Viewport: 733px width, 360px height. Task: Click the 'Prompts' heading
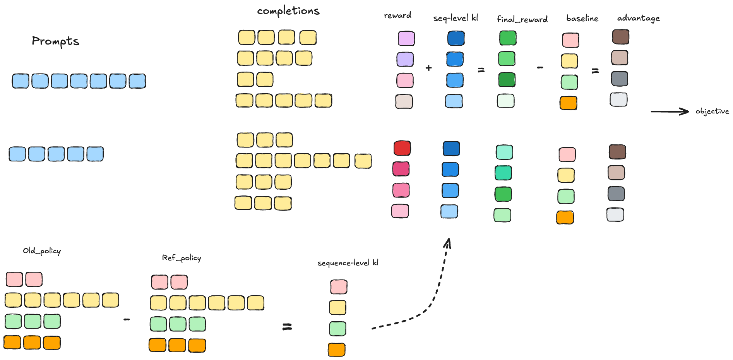point(55,41)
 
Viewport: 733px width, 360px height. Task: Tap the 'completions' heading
point(288,11)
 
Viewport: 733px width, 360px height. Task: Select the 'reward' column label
point(397,15)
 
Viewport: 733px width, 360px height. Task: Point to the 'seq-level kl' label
point(456,18)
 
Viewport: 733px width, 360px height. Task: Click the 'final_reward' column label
point(522,19)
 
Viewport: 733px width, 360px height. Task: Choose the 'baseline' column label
point(582,18)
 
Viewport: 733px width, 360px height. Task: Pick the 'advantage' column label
point(638,18)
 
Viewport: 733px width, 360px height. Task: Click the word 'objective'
point(712,111)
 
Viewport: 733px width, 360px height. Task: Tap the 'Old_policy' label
point(42,251)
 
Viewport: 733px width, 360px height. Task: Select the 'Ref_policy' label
point(182,258)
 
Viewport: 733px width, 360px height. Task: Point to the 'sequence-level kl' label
point(348,263)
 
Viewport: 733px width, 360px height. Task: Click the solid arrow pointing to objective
point(670,111)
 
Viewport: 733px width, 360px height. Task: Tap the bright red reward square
point(402,148)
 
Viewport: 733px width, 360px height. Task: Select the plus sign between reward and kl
point(428,68)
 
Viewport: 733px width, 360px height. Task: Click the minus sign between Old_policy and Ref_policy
point(127,320)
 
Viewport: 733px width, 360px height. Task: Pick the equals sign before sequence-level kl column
point(287,327)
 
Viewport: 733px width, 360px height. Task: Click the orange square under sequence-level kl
point(337,350)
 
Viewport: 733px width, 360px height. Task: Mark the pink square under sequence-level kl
point(339,287)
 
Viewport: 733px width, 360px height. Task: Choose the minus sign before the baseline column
point(540,68)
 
